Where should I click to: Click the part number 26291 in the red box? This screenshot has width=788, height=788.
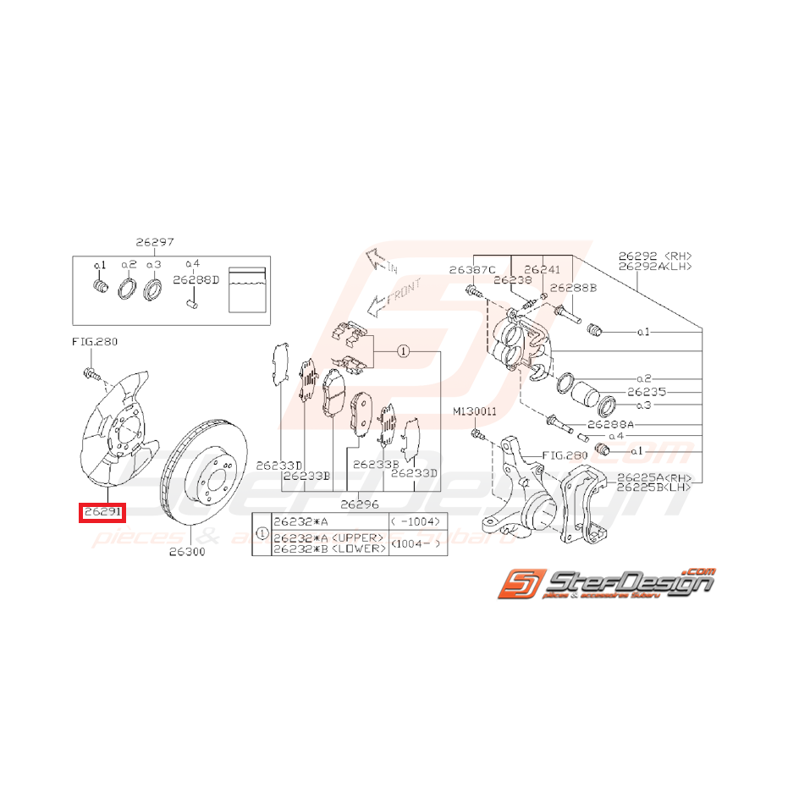point(102,512)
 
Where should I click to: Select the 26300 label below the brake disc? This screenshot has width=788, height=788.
point(187,552)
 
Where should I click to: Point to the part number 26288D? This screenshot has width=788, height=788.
point(196,278)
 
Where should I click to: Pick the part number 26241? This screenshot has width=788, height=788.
point(542,270)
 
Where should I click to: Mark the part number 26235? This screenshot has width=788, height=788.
point(647,393)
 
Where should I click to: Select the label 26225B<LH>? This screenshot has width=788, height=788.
point(654,488)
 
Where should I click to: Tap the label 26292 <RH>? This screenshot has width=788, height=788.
point(654,254)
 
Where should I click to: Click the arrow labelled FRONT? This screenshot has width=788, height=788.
point(389,298)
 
